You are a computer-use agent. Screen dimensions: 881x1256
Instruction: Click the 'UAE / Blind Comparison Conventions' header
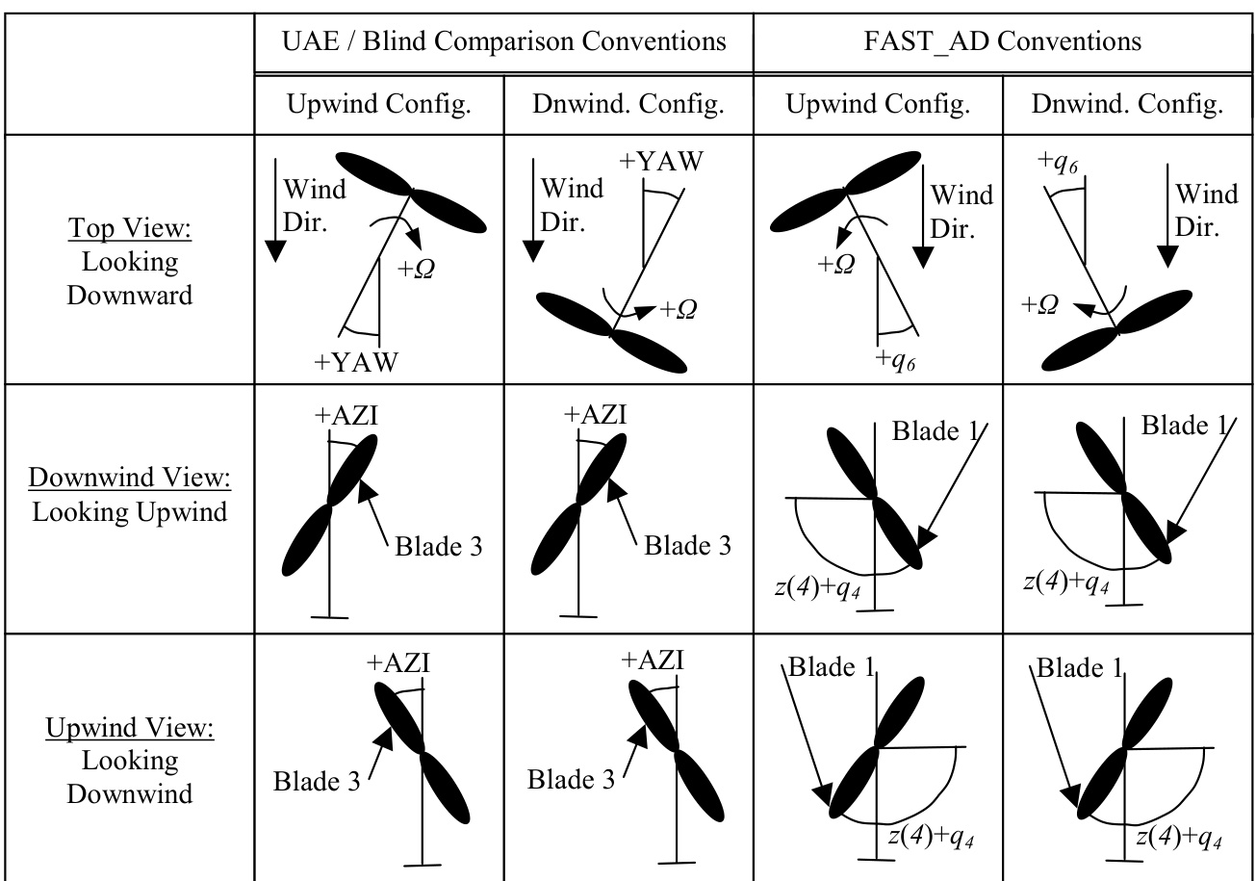click(502, 41)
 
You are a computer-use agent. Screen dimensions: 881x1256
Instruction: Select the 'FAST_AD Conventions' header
click(1002, 41)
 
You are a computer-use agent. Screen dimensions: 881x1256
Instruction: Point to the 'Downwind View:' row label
click(130, 479)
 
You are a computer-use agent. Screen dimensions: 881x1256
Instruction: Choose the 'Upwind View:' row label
click(130, 727)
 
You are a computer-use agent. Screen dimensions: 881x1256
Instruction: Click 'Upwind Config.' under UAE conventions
click(380, 104)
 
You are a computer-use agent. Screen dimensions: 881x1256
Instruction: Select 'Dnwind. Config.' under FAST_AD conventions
click(1127, 104)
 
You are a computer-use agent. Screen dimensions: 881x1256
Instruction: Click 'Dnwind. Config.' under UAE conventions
click(628, 104)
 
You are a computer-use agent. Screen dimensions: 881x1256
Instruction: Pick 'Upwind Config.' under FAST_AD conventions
click(879, 104)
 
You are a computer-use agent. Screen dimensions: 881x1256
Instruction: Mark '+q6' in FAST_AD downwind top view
click(1059, 161)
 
